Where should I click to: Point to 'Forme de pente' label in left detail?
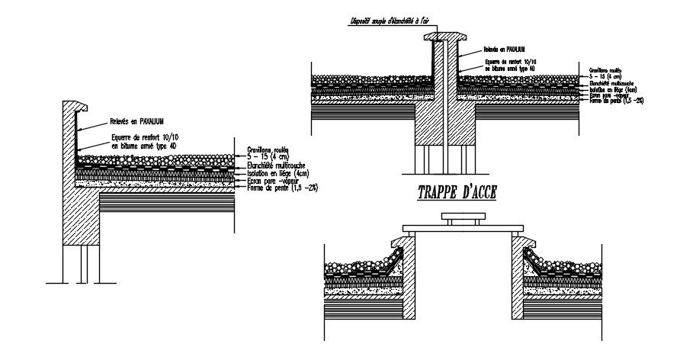coord(281,187)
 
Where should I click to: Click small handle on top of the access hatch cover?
coord(463,220)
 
